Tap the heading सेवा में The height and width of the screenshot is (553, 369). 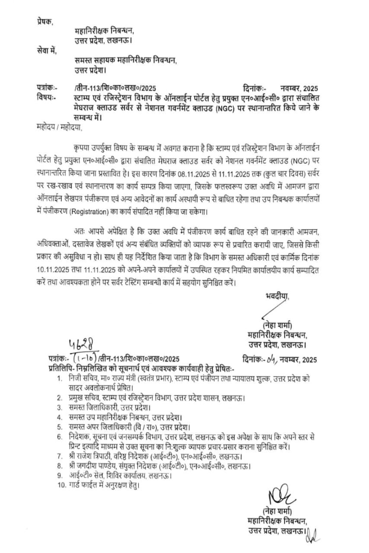[47, 51]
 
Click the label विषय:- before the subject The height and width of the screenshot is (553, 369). [46, 98]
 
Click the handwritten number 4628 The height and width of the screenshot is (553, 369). [82, 345]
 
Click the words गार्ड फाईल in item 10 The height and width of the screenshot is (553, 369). [85, 485]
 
